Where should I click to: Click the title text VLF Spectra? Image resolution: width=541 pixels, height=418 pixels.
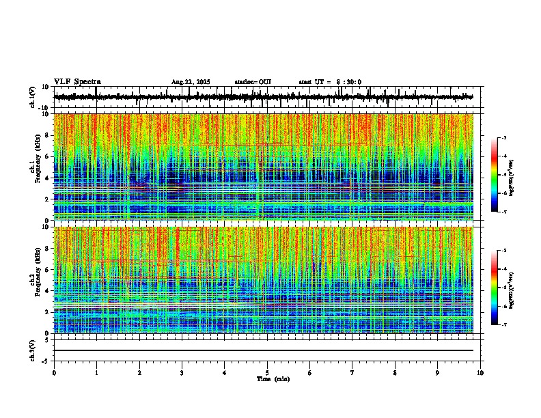tap(77, 82)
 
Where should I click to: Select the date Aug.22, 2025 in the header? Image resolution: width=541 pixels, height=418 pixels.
tap(191, 82)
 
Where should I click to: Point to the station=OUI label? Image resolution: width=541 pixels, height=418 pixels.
tap(253, 82)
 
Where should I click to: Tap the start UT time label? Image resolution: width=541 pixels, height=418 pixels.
tap(330, 82)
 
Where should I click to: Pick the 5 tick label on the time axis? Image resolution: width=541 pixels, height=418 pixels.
tap(267, 373)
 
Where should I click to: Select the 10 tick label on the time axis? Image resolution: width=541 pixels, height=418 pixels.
tap(480, 373)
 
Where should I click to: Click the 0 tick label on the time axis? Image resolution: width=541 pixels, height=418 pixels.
tap(54, 373)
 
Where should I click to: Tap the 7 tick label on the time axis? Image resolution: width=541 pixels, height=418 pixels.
tap(352, 373)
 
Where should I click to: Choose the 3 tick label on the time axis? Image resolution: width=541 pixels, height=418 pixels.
tap(182, 373)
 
